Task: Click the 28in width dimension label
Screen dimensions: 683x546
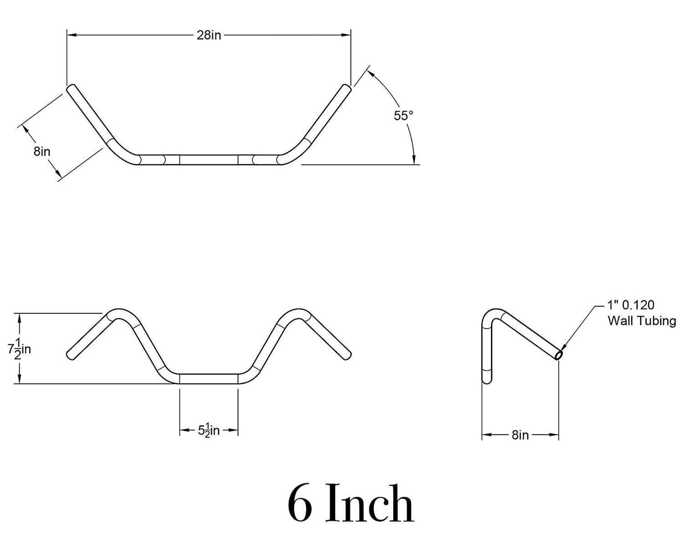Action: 209,35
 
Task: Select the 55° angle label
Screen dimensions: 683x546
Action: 403,116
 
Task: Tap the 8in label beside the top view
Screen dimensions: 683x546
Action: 42,152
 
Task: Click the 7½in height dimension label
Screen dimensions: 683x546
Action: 20,349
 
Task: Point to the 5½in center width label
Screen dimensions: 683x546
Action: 209,430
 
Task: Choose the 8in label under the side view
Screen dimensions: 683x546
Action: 520,435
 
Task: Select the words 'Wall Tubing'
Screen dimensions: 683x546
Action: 642,321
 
